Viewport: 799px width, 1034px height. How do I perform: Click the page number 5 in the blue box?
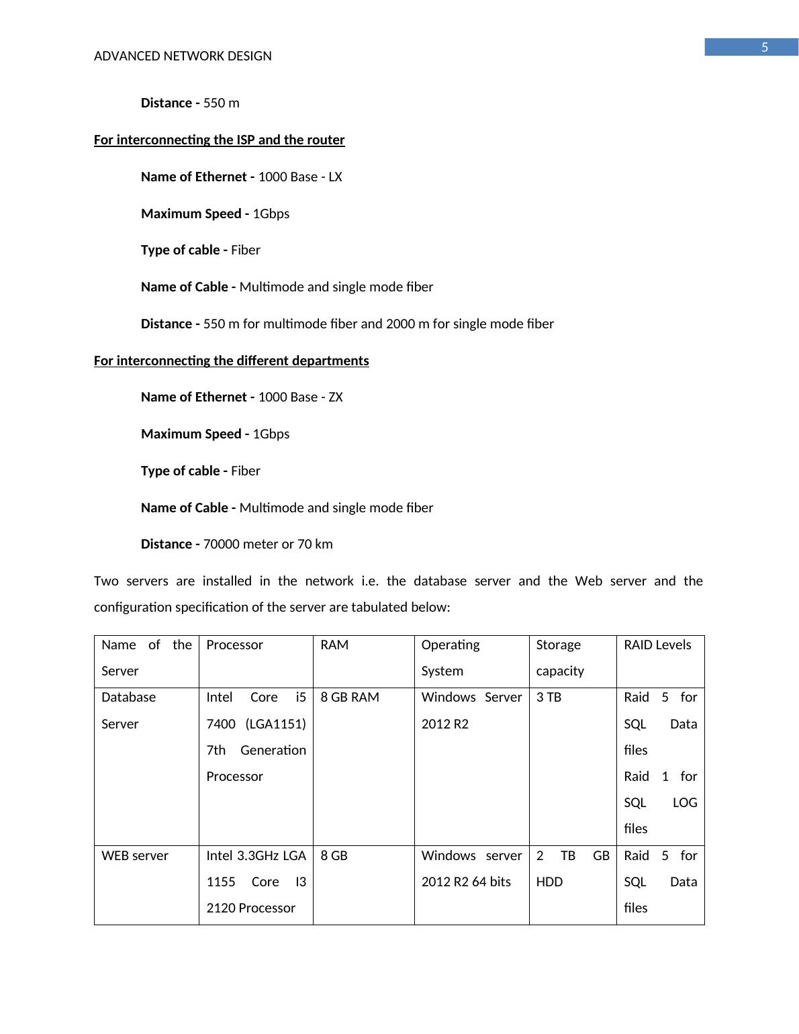coord(764,48)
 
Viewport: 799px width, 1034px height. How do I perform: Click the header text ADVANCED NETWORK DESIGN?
coord(183,56)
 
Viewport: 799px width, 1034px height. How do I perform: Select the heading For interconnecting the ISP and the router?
coord(219,140)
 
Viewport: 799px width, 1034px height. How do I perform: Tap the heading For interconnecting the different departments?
coord(231,361)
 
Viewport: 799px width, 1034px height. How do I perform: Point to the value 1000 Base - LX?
coord(300,177)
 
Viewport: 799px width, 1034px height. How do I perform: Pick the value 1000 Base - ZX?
coord(300,397)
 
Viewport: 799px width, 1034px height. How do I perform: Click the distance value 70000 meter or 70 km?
coord(268,545)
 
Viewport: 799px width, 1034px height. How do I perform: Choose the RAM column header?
coord(334,645)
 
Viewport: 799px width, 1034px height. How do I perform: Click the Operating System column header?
coord(450,657)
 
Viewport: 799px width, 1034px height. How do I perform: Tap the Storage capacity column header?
coord(559,657)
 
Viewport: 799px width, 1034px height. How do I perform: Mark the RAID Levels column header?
coord(657,645)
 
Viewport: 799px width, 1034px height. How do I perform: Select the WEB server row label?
coord(134,856)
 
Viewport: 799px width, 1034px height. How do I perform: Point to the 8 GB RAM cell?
coord(350,698)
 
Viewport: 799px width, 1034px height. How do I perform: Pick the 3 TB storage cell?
coord(549,698)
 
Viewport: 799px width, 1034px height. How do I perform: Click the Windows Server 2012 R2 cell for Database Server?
coord(471,710)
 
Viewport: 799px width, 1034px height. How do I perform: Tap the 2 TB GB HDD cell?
coord(572,868)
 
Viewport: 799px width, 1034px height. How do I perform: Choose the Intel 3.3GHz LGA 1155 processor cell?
coord(256,882)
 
